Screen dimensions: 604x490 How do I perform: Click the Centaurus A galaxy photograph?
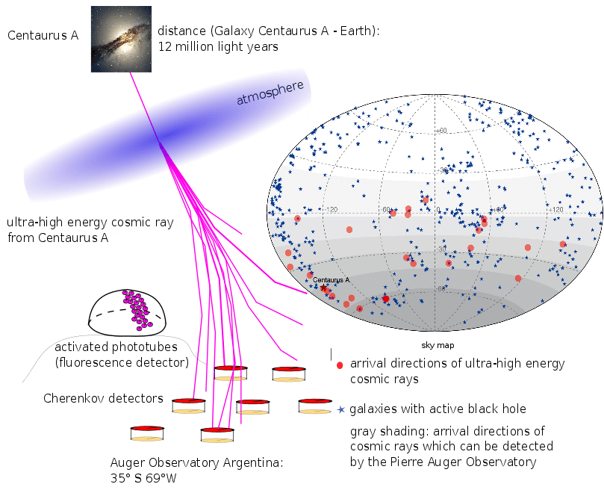coord(121,39)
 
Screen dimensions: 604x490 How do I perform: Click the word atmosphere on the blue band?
coord(270,93)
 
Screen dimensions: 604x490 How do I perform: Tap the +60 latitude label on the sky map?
coord(441,131)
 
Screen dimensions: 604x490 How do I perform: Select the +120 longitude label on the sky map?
coord(555,209)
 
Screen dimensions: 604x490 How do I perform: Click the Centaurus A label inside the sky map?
coord(331,280)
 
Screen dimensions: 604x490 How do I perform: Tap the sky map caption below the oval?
coord(438,345)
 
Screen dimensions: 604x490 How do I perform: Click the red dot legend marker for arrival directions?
coord(340,365)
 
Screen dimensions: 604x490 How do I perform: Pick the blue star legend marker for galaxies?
coord(341,409)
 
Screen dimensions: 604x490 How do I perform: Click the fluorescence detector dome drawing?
coord(127,312)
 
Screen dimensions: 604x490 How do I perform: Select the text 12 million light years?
coord(218,46)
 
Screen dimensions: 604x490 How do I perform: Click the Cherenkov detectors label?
coord(103,398)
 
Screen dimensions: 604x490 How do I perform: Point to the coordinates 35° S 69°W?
coord(143,478)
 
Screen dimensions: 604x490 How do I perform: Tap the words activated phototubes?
coord(116,347)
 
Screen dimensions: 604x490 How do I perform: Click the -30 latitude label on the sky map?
coord(441,249)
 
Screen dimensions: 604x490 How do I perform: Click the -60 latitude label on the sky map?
coord(441,288)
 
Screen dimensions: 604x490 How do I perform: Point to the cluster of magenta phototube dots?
coord(137,310)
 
